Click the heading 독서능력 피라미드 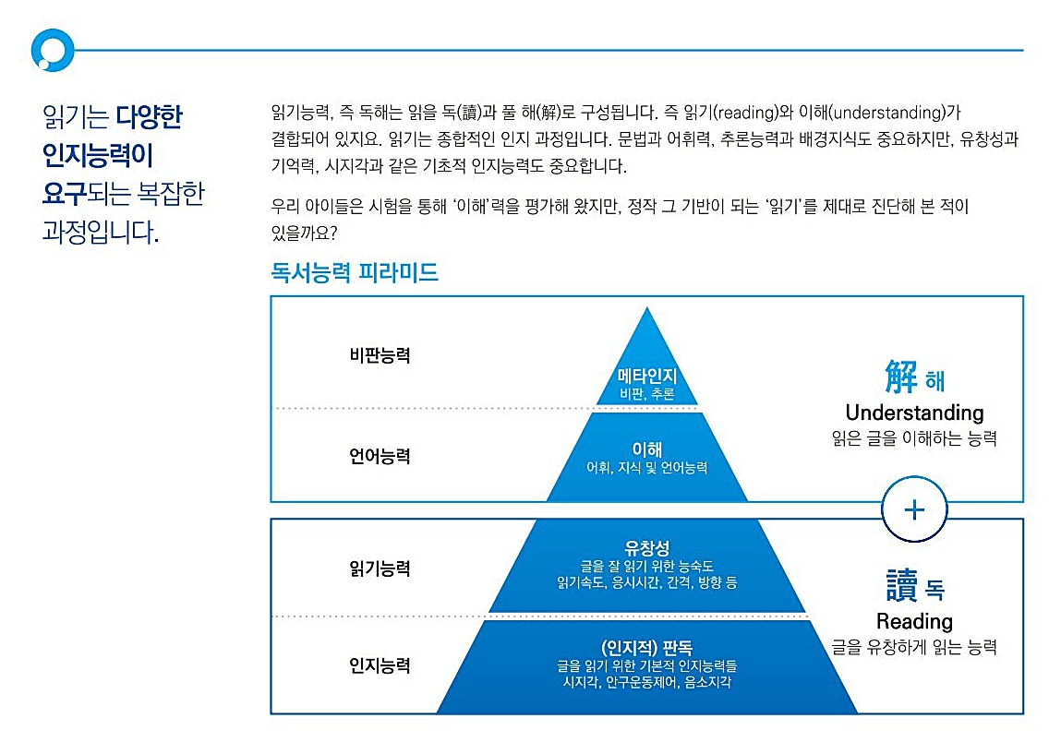(x=354, y=273)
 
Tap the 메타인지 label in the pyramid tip (x=646, y=377)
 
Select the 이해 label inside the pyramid (x=646, y=449)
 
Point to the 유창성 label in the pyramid (x=646, y=548)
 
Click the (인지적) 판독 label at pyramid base (x=646, y=647)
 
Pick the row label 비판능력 (x=380, y=355)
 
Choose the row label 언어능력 (x=380, y=456)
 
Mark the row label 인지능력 (x=380, y=665)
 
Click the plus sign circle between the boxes (x=914, y=509)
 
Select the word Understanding (x=914, y=413)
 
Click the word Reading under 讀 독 (x=914, y=621)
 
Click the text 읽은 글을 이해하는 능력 (x=914, y=439)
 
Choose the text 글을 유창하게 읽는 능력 (x=914, y=648)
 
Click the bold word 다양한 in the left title (x=150, y=117)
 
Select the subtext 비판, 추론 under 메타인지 (x=646, y=394)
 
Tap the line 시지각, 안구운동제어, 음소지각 (x=646, y=683)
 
